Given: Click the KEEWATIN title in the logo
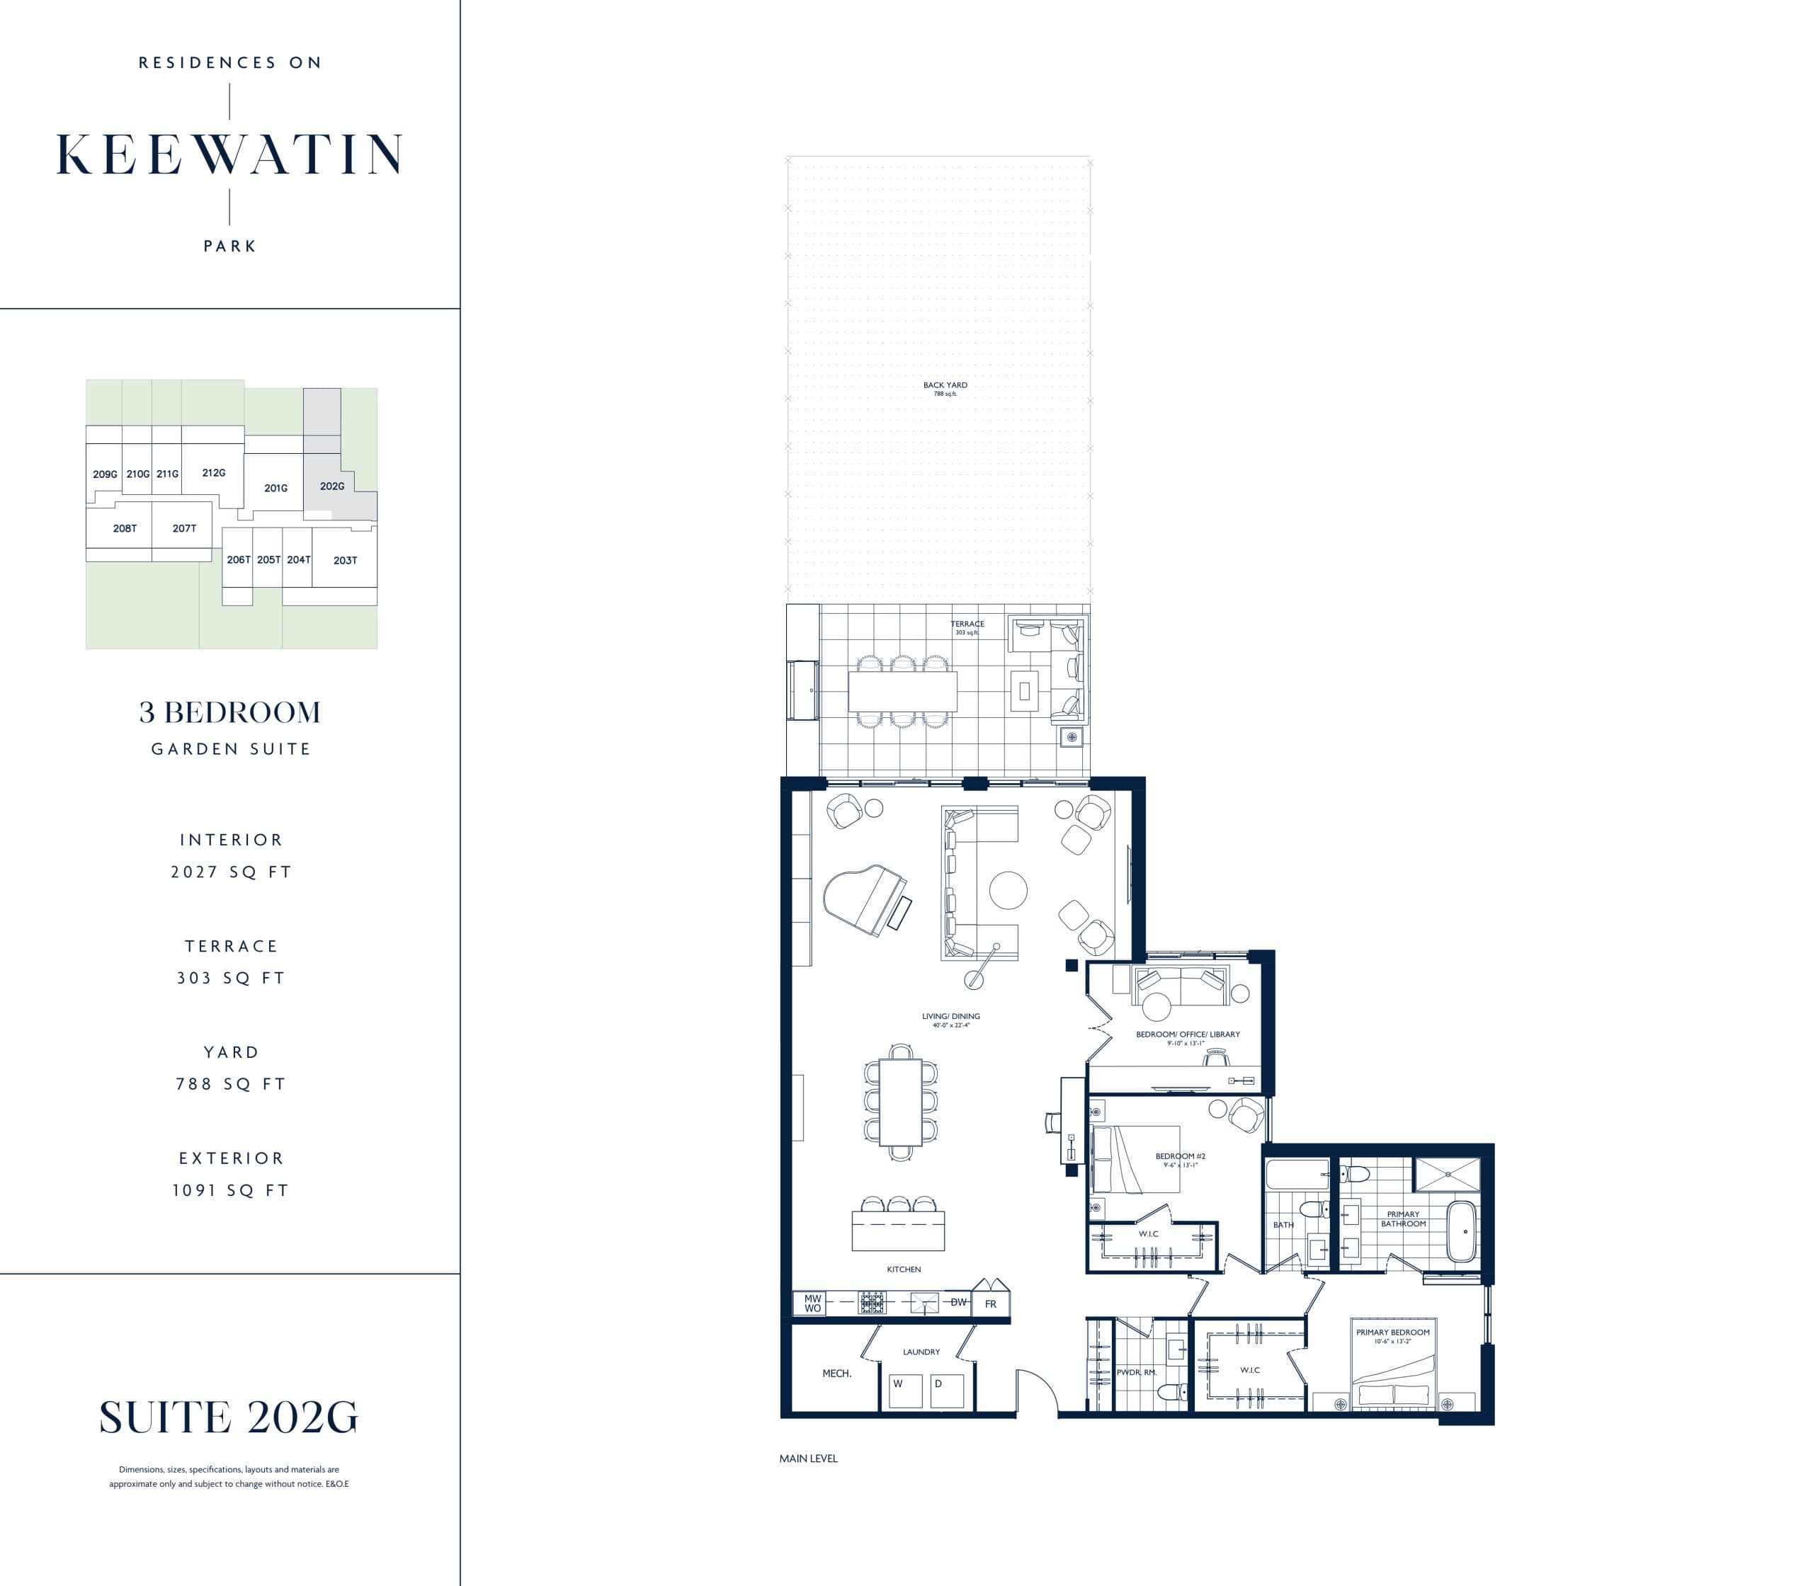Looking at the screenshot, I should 229,155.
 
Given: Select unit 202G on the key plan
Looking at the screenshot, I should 332,486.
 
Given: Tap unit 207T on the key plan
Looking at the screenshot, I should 184,528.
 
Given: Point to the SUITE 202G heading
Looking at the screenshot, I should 228,1417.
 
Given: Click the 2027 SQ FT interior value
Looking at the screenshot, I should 231,872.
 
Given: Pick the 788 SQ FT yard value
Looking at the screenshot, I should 231,1084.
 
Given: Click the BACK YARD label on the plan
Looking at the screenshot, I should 945,385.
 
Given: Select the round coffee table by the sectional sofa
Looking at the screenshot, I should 1007,891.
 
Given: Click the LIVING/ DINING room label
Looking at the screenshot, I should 950,1016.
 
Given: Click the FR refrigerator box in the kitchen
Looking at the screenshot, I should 991,1303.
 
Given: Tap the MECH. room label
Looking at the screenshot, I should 836,1374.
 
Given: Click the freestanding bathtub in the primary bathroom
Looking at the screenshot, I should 1460,1231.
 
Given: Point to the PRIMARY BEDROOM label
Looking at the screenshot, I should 1392,1332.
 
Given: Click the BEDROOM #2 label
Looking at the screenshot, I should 1180,1156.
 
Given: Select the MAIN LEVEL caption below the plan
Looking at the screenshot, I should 808,1459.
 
